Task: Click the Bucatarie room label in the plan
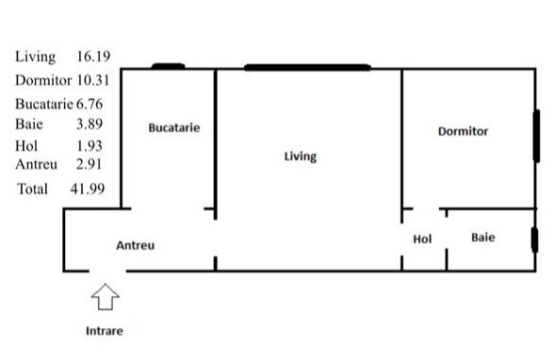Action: (174, 128)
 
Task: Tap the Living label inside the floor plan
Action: (301, 156)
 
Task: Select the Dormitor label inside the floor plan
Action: (463, 131)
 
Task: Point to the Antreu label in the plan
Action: (135, 245)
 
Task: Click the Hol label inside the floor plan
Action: (422, 239)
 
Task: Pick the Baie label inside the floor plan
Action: (483, 237)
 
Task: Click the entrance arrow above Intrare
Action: (106, 297)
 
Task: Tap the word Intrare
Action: (105, 331)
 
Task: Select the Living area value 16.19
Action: (93, 57)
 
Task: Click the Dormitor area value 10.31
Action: (93, 80)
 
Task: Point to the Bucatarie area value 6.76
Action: (90, 104)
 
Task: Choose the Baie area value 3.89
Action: (90, 123)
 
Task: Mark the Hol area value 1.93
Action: (90, 146)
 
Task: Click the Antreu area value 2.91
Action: (89, 164)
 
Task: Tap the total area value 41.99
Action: (88, 188)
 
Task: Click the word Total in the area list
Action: (33, 189)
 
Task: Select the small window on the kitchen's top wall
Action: (168, 66)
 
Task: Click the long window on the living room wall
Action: (307, 68)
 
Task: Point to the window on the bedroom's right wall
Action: (536, 137)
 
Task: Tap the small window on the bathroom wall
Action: (535, 240)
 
